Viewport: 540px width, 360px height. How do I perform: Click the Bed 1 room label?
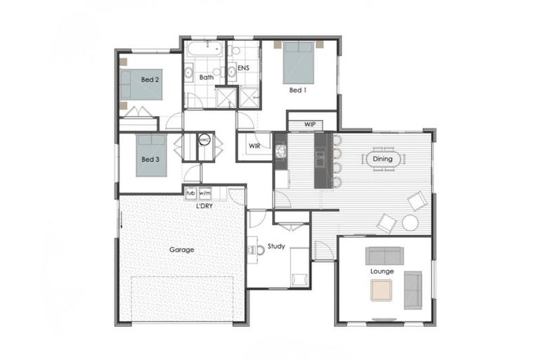[297, 90]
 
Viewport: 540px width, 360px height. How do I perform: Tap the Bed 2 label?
[150, 80]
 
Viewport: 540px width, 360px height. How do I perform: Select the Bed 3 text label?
[150, 160]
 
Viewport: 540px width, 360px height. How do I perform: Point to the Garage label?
[181, 250]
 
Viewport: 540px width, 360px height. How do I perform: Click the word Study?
[276, 246]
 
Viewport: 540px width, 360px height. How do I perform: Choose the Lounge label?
[382, 271]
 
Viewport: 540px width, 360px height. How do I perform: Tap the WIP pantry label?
[310, 124]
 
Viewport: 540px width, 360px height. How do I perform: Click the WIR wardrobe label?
[254, 147]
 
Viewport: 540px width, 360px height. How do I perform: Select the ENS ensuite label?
[243, 68]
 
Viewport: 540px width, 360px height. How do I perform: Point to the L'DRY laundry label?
[205, 205]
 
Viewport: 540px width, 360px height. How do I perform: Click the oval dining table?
[382, 160]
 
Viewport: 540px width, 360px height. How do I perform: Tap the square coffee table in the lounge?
[382, 289]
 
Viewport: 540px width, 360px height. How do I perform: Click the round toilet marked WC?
[204, 140]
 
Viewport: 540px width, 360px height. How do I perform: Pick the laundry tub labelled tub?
[190, 193]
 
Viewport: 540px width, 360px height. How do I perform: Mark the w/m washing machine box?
[205, 193]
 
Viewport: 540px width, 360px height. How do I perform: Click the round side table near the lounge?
[410, 223]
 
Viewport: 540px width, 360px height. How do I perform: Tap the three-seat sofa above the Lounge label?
[383, 256]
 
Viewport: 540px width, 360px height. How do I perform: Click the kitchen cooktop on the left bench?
[280, 150]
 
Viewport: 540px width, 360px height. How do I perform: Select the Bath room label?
[206, 77]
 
